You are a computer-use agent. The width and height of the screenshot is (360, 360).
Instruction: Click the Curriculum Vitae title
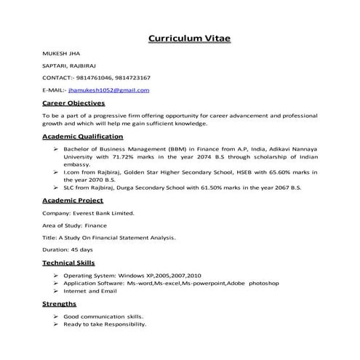pos(189,38)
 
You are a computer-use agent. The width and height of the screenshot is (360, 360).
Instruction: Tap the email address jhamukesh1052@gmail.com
pos(108,89)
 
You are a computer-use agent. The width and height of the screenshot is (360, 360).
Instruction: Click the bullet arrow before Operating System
pos(56,276)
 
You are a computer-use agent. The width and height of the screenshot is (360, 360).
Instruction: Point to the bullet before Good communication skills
pos(56,317)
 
